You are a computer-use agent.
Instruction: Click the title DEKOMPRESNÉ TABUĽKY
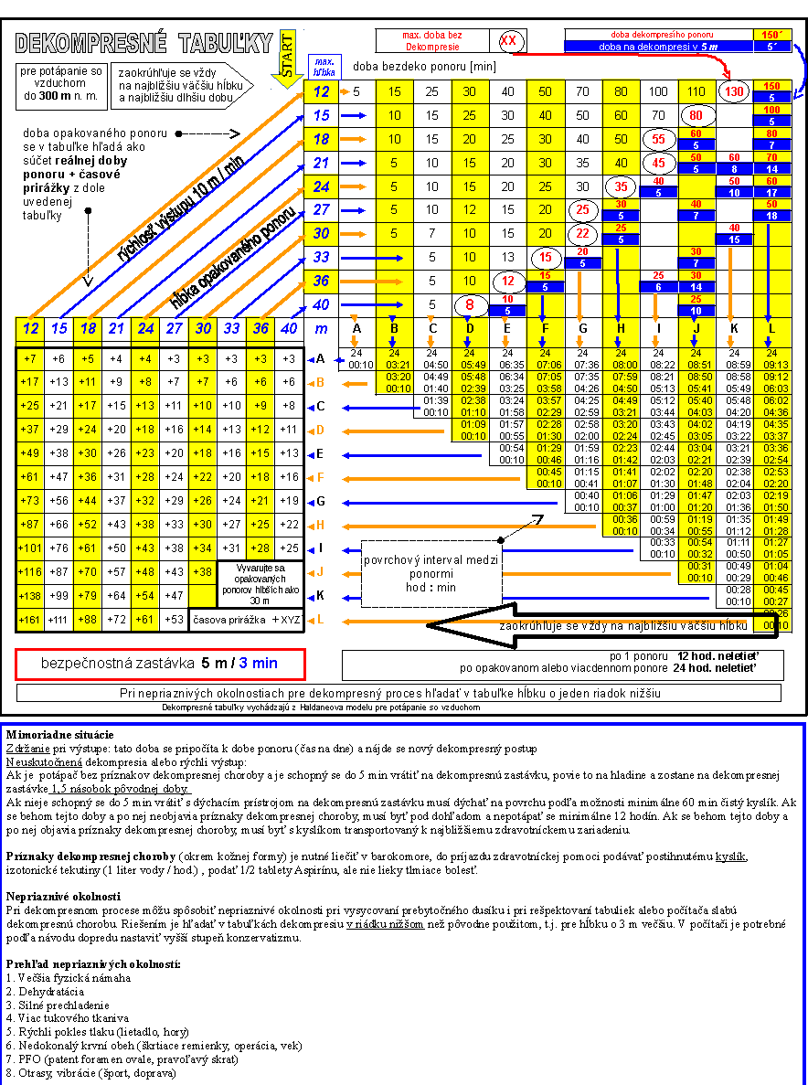point(144,42)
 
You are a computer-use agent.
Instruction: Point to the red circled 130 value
point(733,92)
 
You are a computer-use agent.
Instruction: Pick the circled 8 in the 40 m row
point(469,304)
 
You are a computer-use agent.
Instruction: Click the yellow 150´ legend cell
point(771,34)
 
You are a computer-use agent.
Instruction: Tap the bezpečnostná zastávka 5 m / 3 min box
point(160,664)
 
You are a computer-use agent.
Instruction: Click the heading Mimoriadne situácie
point(59,735)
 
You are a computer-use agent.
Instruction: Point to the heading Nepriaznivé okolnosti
point(63,897)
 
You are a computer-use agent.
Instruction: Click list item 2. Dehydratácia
point(45,991)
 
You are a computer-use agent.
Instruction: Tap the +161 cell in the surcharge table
point(30,621)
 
